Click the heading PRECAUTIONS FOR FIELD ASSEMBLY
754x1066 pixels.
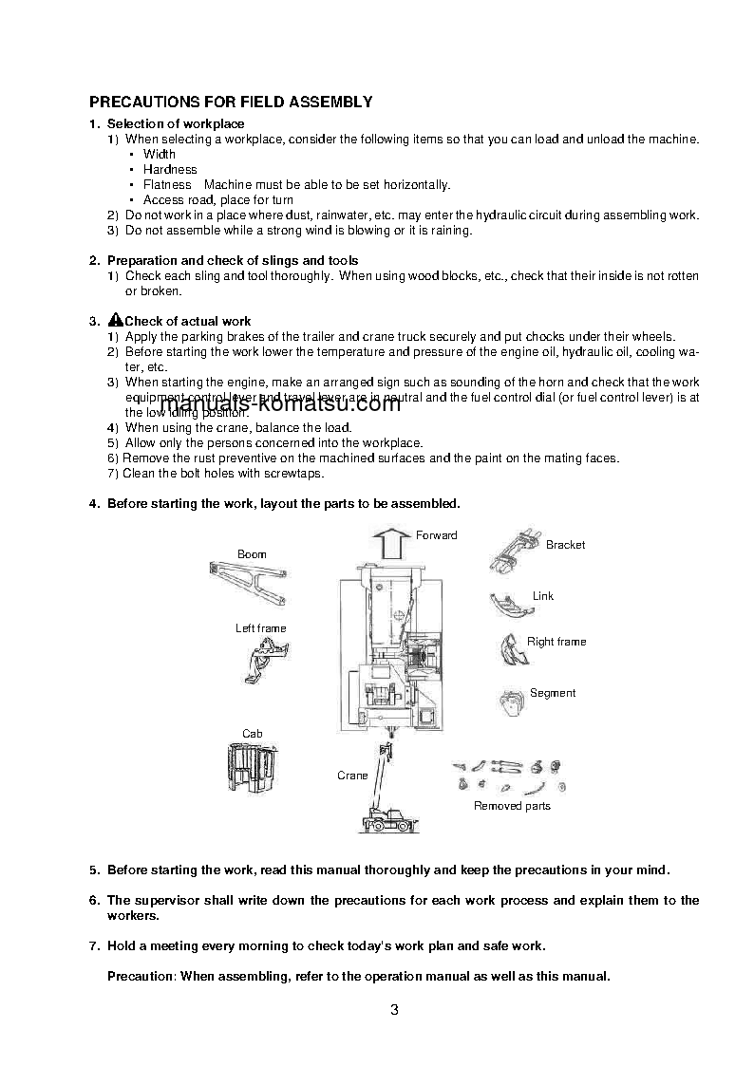(x=231, y=102)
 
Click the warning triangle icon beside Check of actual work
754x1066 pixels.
(x=116, y=321)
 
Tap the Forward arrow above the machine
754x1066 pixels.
(x=389, y=545)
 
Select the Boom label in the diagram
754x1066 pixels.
(x=252, y=554)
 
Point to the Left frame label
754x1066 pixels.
(x=260, y=628)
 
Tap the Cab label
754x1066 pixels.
(x=252, y=734)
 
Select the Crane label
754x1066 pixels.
(x=352, y=776)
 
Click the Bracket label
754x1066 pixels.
(x=565, y=545)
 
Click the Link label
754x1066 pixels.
(x=542, y=596)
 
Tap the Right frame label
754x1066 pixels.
(x=556, y=642)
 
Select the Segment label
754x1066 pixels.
(x=553, y=693)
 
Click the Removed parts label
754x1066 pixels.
(x=512, y=806)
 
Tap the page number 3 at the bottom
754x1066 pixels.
(x=394, y=1010)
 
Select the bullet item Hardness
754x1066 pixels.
(x=170, y=169)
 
